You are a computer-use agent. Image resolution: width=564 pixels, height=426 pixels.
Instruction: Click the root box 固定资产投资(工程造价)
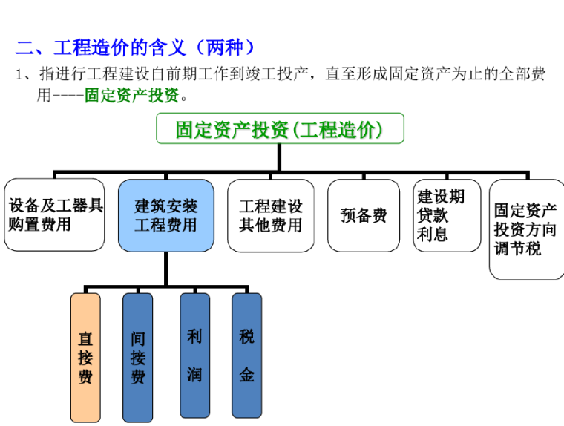[x=280, y=129]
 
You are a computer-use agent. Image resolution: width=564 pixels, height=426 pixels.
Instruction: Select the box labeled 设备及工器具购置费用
[x=54, y=214]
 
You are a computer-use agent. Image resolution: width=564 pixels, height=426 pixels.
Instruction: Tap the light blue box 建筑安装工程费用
[x=166, y=214]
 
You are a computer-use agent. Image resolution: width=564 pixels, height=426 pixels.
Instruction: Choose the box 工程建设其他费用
[x=271, y=215]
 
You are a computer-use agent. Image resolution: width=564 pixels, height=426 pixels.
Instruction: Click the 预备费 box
[x=364, y=215]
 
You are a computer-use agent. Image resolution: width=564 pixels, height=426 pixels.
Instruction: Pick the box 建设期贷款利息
[x=447, y=215]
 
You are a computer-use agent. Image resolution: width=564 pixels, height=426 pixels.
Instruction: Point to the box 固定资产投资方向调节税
[x=526, y=229]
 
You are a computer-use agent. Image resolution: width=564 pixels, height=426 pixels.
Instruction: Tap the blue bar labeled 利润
[x=194, y=356]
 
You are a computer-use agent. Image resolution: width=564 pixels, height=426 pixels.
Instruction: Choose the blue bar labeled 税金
[x=246, y=356]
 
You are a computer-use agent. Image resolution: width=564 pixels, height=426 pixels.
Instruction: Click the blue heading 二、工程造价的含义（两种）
[x=136, y=48]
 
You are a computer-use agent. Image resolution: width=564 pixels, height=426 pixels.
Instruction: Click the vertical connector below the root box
[x=279, y=158]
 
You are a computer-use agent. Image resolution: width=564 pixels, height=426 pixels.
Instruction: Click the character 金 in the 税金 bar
[x=246, y=375]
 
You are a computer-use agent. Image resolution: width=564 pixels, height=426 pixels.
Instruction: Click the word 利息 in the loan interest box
[x=433, y=235]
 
